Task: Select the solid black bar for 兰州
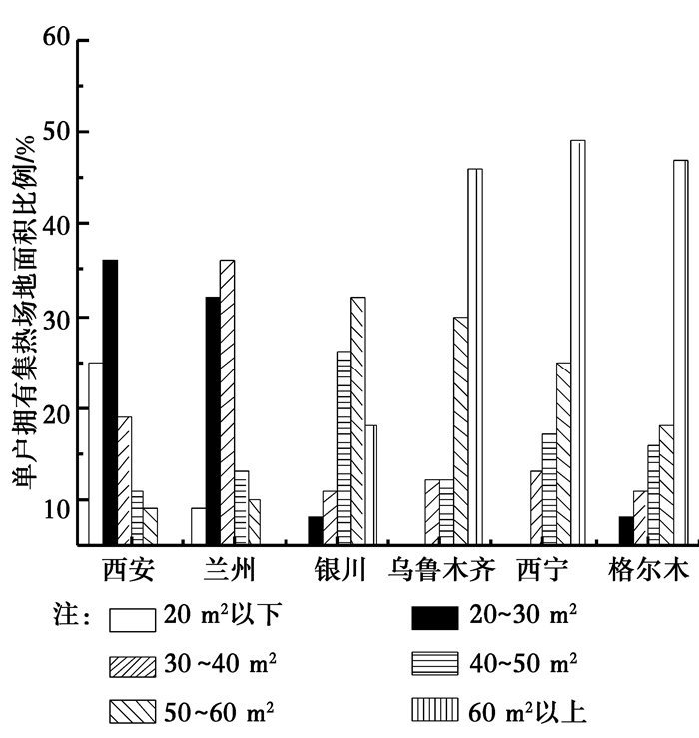coord(213,420)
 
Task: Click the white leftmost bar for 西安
coord(95,453)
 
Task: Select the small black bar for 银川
coord(316,530)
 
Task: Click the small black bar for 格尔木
coord(626,530)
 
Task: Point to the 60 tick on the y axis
coord(57,39)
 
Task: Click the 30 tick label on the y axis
coord(57,317)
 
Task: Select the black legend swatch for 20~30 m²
coord(434,618)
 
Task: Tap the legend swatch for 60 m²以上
coord(434,710)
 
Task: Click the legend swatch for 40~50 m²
coord(434,663)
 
